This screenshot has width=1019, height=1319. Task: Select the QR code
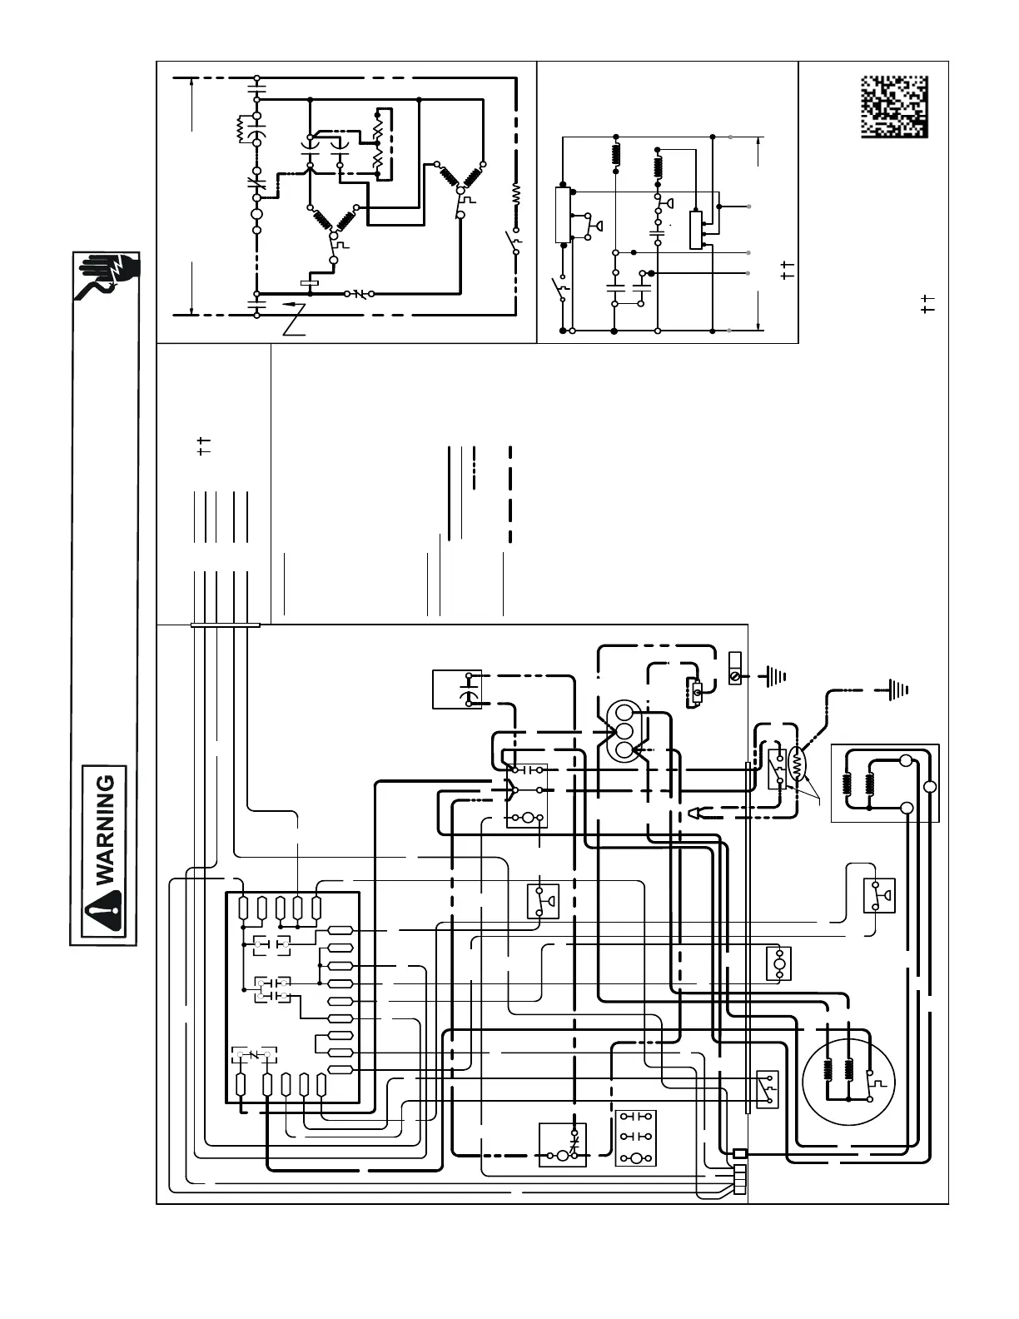point(893,106)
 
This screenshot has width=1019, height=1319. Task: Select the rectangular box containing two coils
point(886,783)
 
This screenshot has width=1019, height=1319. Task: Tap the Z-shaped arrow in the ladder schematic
point(296,319)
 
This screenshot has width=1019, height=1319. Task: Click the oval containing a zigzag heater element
point(798,764)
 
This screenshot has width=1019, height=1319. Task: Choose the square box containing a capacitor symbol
point(457,689)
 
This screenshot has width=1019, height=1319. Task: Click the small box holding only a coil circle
point(778,963)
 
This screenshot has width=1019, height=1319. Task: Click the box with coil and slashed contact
point(563,1145)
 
